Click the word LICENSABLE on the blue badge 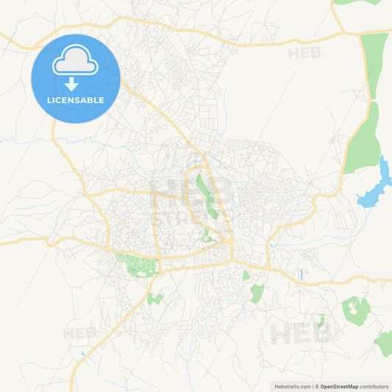coord(76,100)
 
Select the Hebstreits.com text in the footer coord(291,385)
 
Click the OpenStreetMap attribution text coord(339,385)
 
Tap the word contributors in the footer coord(374,385)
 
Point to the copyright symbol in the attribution coord(317,385)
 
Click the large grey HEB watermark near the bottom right coord(302,332)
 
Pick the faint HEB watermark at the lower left coord(79,333)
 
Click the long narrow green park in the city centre coord(204,195)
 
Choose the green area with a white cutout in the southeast coord(356,310)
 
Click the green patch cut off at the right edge coord(384,342)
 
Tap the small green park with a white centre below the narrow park coord(207,236)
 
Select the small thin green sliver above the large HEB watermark coord(321,320)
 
